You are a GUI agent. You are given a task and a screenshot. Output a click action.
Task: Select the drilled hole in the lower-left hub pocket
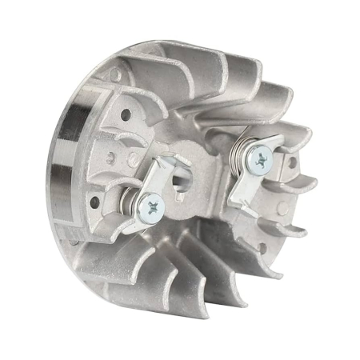point(96,201)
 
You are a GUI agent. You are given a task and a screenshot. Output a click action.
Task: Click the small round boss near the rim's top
point(117,77)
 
